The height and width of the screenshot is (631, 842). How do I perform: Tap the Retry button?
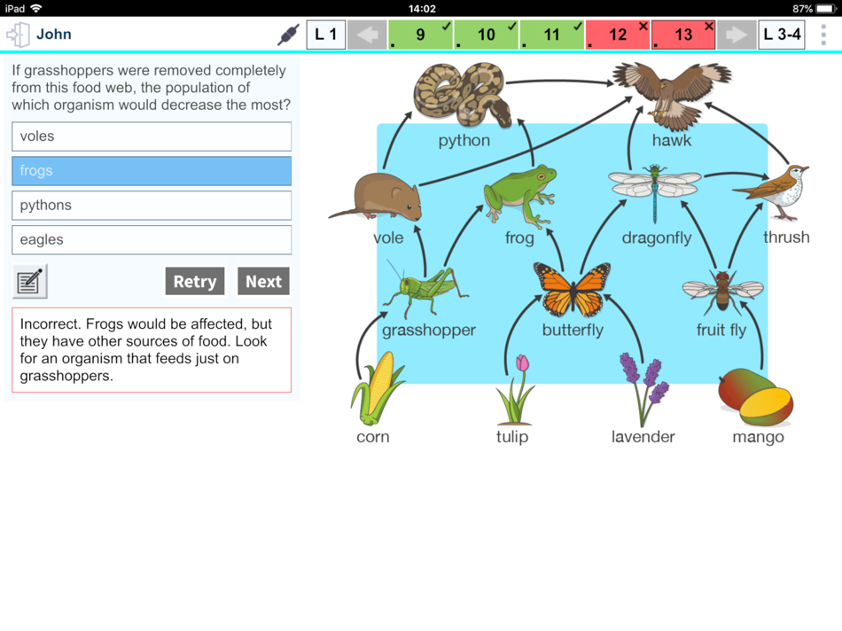click(x=194, y=282)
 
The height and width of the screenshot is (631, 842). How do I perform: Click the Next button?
click(x=263, y=282)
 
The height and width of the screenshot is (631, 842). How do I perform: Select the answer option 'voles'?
click(x=152, y=136)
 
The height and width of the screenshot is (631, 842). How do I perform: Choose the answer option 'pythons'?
click(x=152, y=205)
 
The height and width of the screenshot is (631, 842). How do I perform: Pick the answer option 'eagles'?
click(x=152, y=239)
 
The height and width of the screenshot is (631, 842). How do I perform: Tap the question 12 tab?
click(x=618, y=35)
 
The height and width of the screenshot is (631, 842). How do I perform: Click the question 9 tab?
click(x=420, y=35)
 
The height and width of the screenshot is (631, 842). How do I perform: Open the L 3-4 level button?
click(x=782, y=35)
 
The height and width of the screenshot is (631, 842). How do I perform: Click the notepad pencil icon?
click(x=29, y=282)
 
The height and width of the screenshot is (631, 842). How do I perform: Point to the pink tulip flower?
click(x=516, y=389)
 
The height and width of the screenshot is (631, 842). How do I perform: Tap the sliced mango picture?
click(x=756, y=397)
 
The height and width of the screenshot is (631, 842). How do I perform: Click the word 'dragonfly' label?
click(x=656, y=238)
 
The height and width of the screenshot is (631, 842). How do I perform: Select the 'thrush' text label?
click(x=786, y=237)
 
